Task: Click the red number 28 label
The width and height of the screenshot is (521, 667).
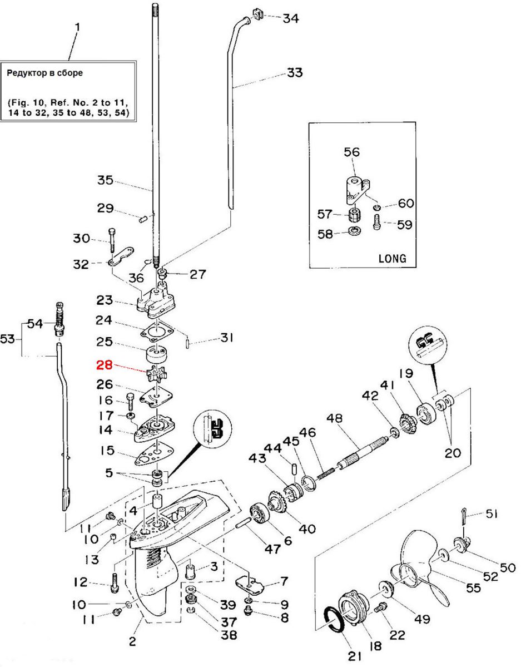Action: point(104,365)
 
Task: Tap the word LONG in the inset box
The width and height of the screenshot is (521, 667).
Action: point(392,258)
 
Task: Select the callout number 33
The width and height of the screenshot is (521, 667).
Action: point(295,73)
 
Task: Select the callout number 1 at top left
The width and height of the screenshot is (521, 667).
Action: point(77,27)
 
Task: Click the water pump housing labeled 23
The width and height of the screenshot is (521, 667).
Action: point(158,298)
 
